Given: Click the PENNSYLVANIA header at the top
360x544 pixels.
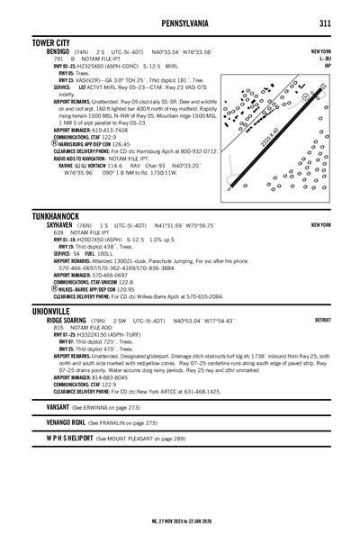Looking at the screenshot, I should (180, 19).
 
